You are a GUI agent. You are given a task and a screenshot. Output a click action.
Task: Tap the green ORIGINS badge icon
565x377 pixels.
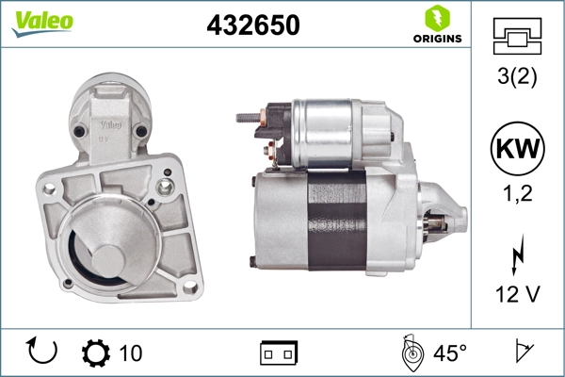tap(436, 18)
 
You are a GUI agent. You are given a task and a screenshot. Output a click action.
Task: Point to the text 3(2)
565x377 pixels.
tap(517, 78)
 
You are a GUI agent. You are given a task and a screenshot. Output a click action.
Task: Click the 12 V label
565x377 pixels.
tap(517, 296)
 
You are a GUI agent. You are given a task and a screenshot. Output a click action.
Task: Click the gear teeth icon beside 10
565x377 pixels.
tap(95, 352)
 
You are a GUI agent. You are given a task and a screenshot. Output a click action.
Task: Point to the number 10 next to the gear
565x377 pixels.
tap(131, 353)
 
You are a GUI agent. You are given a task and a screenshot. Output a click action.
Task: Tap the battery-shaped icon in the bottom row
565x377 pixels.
tap(279, 353)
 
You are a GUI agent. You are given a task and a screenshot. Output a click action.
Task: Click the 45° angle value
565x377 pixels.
tap(449, 353)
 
